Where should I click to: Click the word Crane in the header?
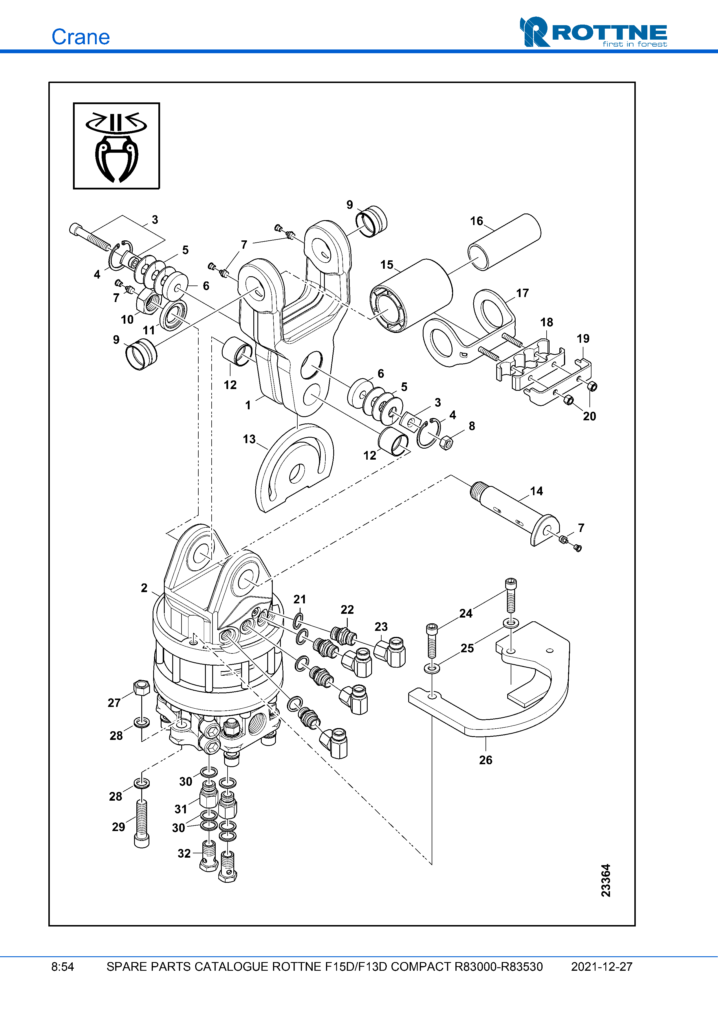[80, 37]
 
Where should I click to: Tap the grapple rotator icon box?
[116, 146]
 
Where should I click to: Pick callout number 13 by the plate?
[249, 439]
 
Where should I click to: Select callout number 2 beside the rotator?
[144, 588]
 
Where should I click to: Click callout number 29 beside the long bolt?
[118, 827]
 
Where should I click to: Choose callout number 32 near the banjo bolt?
[184, 853]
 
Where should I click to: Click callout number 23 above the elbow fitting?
[381, 627]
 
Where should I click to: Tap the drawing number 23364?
[606, 880]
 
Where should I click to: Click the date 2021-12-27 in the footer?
[601, 967]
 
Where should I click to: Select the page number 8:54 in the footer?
[62, 967]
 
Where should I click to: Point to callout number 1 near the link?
[248, 405]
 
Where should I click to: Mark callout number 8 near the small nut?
[472, 426]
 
